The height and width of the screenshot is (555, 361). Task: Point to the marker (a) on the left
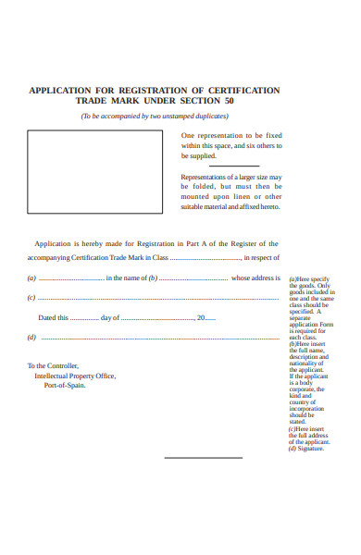pyautogui.click(x=32, y=278)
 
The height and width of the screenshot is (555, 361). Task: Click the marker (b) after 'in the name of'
pyautogui.click(x=154, y=278)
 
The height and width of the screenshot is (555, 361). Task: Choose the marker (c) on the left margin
pyautogui.click(x=32, y=298)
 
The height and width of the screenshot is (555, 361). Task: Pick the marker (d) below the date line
pyautogui.click(x=32, y=338)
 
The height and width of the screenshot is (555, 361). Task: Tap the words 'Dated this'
pyautogui.click(x=53, y=318)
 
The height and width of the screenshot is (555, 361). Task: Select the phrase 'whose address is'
pyautogui.click(x=255, y=278)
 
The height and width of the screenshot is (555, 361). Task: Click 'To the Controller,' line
pyautogui.click(x=54, y=365)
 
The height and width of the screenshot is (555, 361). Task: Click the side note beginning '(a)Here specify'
pyautogui.click(x=310, y=279)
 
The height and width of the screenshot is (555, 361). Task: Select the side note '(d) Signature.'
pyautogui.click(x=305, y=449)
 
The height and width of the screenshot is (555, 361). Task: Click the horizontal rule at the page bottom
pyautogui.click(x=203, y=458)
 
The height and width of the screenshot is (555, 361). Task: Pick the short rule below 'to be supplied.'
pyautogui.click(x=234, y=166)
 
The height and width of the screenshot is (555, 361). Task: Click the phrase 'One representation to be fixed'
pyautogui.click(x=232, y=134)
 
